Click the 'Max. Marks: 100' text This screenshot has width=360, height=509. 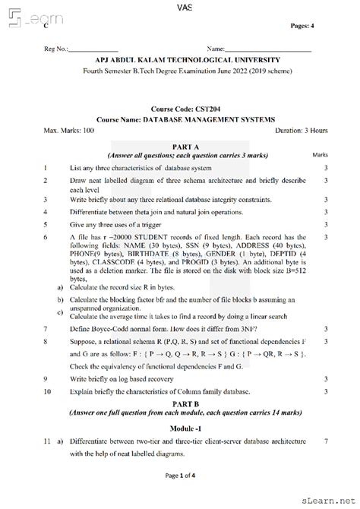(x=69, y=131)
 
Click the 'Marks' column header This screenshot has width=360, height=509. (x=321, y=154)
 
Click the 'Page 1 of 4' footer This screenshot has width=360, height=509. (x=180, y=496)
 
